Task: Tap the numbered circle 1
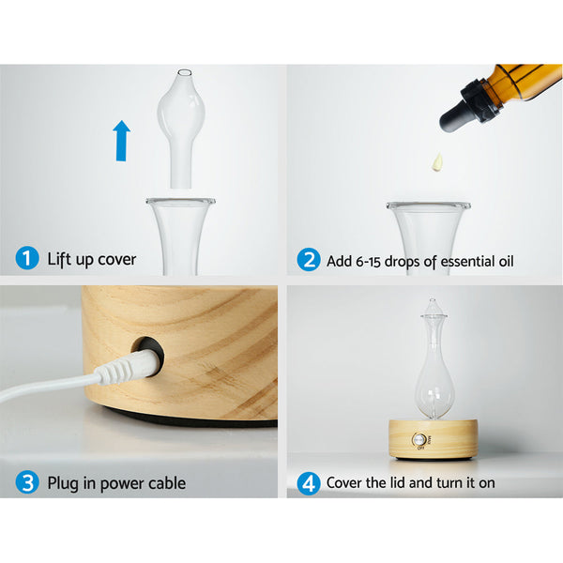[27, 259]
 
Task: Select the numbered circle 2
[309, 260]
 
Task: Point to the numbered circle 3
[27, 483]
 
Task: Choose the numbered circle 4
[309, 483]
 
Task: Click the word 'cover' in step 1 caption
[114, 260]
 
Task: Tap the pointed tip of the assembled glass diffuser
[433, 303]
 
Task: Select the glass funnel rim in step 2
[428, 205]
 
